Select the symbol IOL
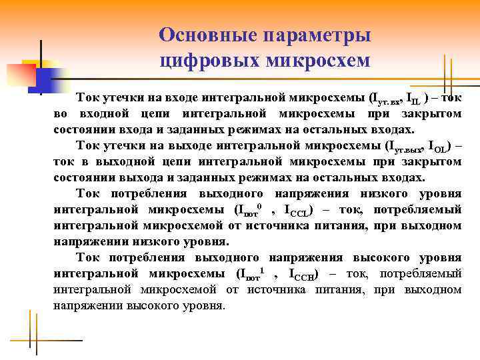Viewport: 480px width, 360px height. pos(437,146)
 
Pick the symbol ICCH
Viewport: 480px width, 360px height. pos(303,275)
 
